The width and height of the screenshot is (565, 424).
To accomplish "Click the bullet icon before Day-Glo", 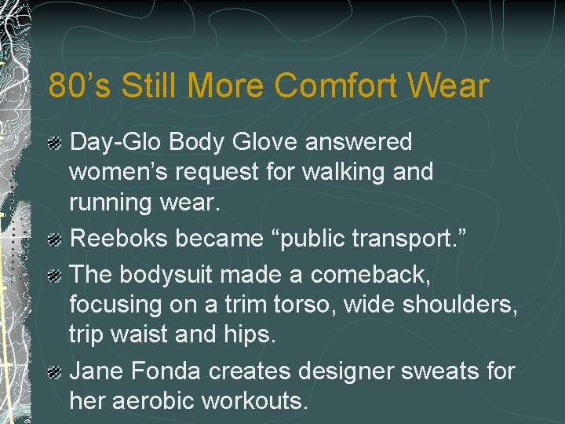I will tap(54, 143).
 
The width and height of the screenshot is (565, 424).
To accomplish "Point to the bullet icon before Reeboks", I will tap(54, 239).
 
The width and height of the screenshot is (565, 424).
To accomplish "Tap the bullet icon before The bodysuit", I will tap(54, 276).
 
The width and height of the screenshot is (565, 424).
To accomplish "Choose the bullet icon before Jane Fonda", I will tap(54, 372).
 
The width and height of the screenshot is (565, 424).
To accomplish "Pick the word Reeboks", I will tap(119, 239).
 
